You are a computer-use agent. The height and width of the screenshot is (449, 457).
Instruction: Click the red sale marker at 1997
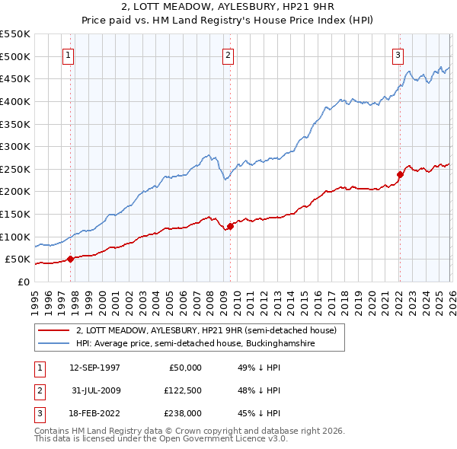pos(71,259)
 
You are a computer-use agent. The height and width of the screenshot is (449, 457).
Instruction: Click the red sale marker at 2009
pos(230,226)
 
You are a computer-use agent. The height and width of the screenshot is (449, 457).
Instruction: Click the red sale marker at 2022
pos(399,174)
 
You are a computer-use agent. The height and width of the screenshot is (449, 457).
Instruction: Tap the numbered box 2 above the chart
pos(228,54)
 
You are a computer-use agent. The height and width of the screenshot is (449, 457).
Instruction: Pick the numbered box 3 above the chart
pos(398,54)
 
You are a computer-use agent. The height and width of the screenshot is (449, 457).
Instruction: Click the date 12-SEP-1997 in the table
pos(94,367)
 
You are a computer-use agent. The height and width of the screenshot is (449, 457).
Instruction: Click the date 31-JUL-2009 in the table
pos(94,390)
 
